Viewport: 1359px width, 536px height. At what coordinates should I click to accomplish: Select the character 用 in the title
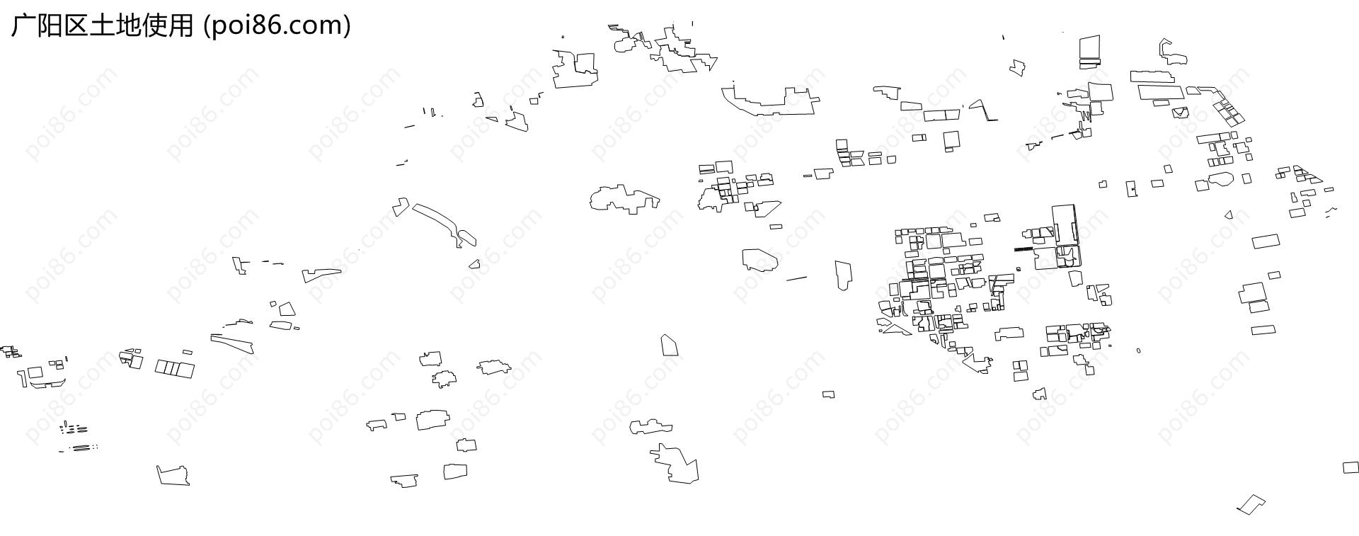click(x=180, y=25)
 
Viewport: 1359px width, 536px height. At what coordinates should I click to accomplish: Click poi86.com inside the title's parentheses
click(x=277, y=26)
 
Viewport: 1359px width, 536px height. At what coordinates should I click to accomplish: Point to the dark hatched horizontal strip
click(x=1024, y=249)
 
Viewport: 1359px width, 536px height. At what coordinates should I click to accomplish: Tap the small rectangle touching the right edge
click(x=1351, y=467)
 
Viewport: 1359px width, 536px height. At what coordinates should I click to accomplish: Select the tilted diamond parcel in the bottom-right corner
click(x=1251, y=504)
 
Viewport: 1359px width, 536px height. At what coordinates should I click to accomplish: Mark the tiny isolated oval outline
click(x=1138, y=350)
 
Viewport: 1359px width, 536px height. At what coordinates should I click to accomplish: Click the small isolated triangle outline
click(x=1229, y=215)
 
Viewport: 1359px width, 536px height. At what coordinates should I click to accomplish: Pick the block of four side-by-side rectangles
click(x=175, y=368)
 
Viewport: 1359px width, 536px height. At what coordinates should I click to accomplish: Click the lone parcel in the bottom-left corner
click(x=173, y=475)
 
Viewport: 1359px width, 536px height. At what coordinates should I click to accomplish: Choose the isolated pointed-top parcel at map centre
click(x=670, y=346)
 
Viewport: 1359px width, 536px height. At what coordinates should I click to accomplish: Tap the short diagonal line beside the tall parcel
click(x=796, y=278)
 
